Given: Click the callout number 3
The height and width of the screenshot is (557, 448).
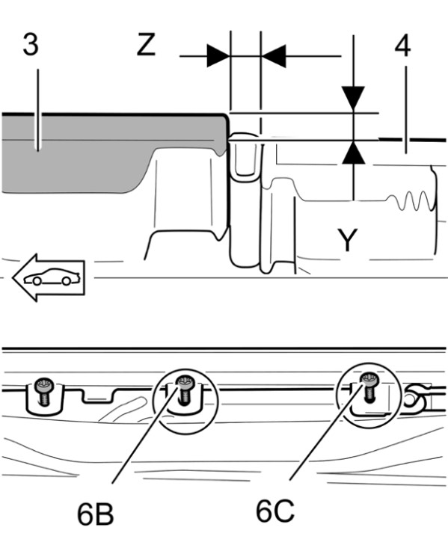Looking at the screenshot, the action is pos(31,45).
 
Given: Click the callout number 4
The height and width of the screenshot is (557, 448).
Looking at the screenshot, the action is pos(402,46).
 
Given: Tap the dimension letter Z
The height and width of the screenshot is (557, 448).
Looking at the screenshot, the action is pos(146,45).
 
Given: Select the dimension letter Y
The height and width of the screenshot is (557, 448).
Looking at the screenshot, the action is pos(347,240).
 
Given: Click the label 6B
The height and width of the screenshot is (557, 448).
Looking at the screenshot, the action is pos(95,514).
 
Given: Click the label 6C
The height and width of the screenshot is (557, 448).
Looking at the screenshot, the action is pos(274,511).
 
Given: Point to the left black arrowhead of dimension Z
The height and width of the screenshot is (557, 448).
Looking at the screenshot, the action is pos(218,56).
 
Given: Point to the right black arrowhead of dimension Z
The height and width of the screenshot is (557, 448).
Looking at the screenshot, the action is pos(274,56).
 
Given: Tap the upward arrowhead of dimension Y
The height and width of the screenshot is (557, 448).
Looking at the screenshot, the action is pos(354,153).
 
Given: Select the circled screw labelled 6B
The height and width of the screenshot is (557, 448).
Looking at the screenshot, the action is pos(184,390).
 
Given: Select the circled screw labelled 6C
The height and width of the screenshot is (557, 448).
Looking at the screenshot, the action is pos(369,387).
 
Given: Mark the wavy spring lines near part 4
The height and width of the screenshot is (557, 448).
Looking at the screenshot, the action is pos(411,200).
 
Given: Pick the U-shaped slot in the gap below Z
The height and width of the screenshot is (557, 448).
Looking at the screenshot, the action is pos(245,156).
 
